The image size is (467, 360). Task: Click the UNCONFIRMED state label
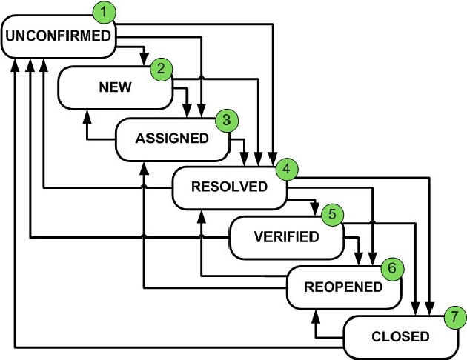(x=59, y=35)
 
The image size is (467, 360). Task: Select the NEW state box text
(x=115, y=87)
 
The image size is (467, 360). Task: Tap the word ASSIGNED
(x=172, y=138)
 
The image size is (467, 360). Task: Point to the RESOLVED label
(x=229, y=187)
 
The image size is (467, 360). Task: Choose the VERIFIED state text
(x=286, y=237)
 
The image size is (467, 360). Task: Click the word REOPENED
(x=343, y=287)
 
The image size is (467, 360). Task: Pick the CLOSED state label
(x=400, y=336)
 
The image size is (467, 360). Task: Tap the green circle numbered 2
(x=161, y=69)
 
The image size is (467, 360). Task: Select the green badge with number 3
(x=225, y=119)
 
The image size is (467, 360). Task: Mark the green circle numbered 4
(x=284, y=169)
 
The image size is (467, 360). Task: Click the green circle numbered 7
(x=454, y=317)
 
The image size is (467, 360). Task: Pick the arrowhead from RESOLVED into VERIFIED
(x=317, y=209)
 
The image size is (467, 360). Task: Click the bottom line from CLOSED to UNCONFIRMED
(x=178, y=347)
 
